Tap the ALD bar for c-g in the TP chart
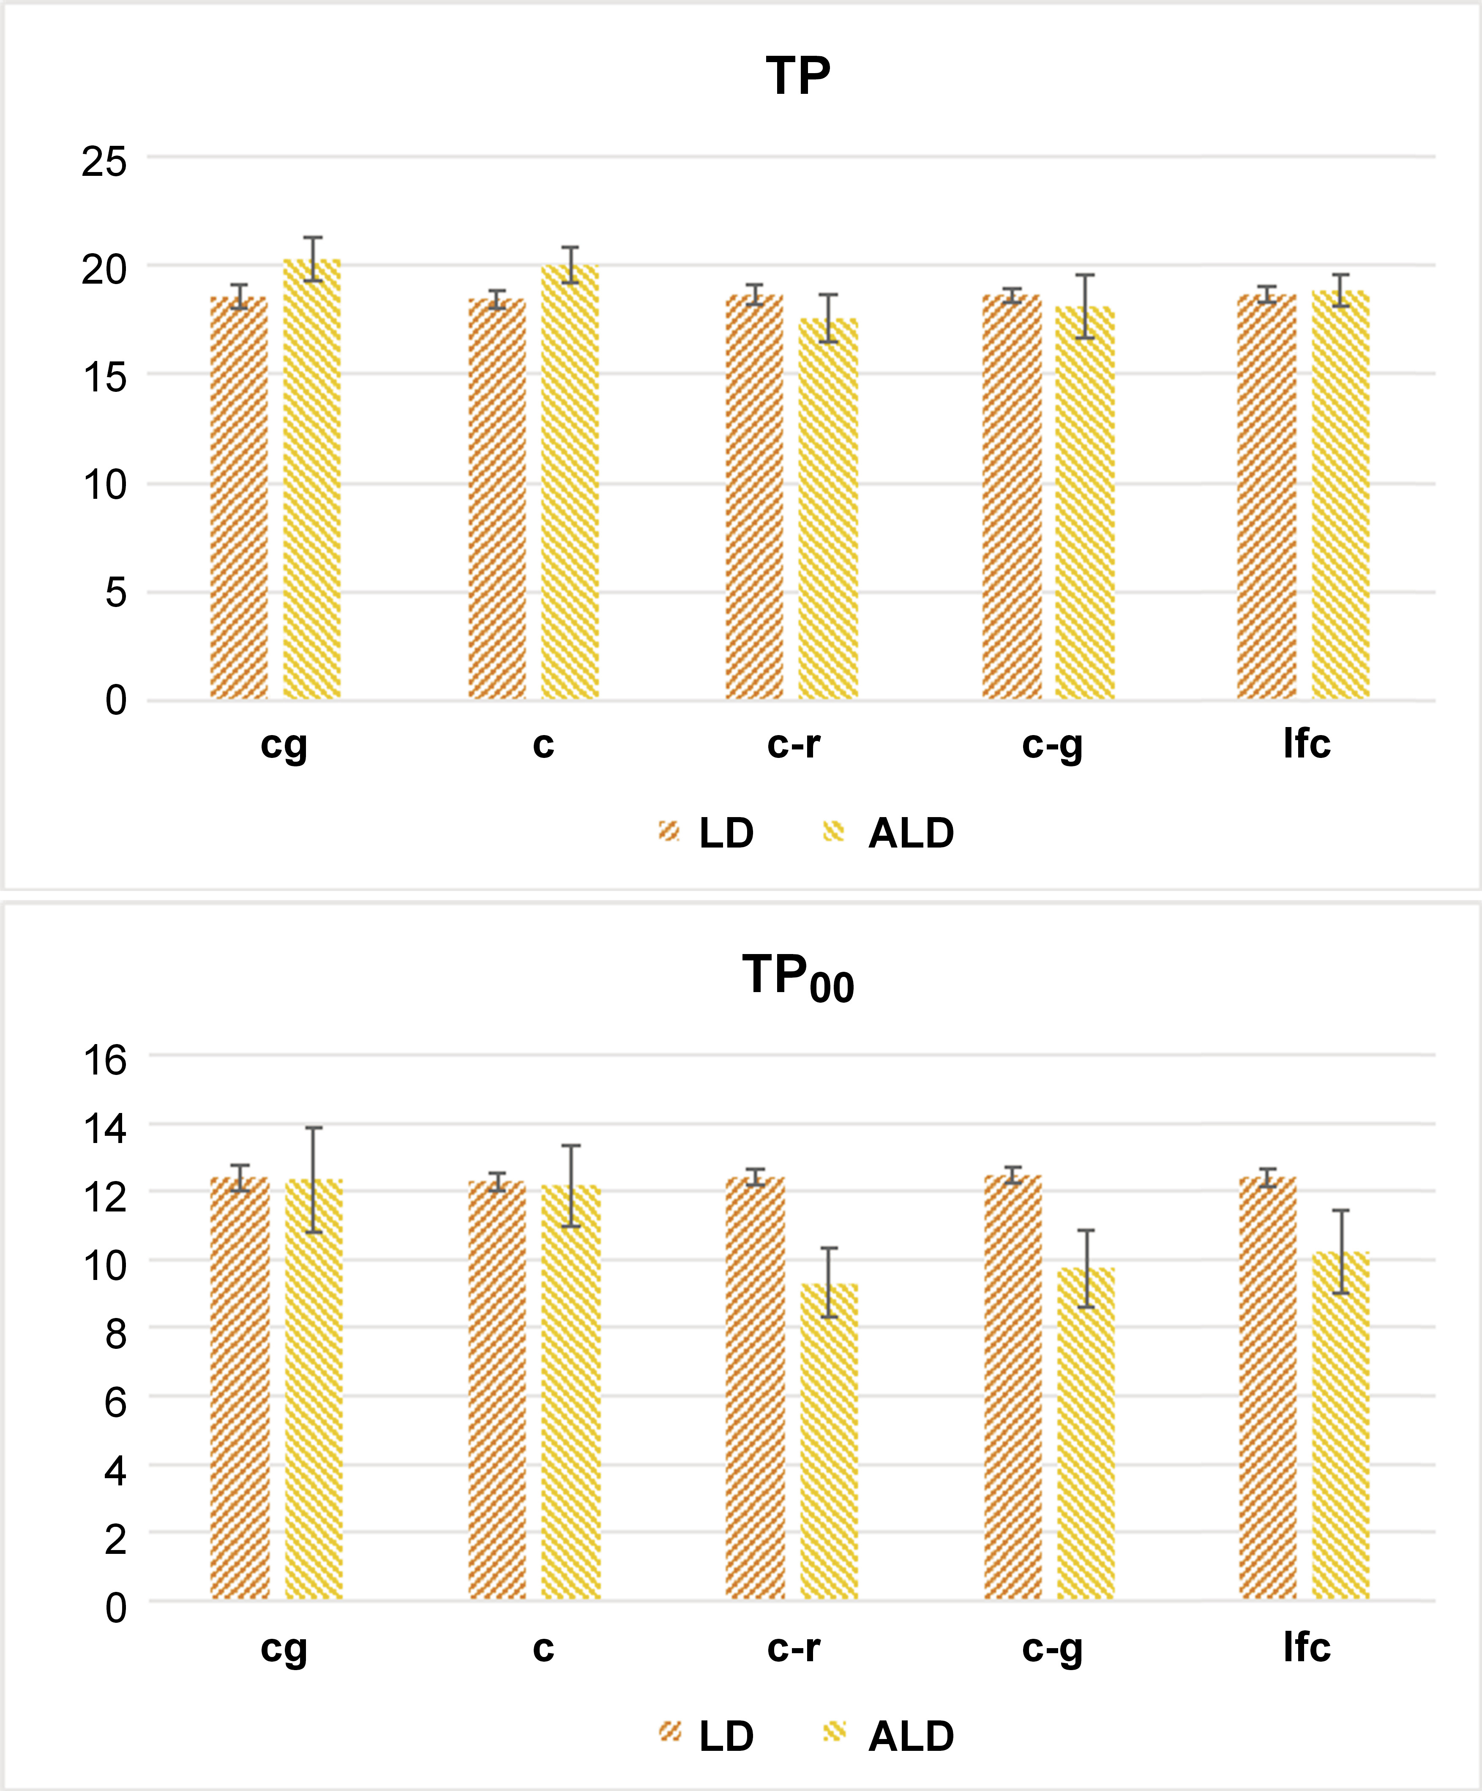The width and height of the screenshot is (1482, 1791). coord(1085,503)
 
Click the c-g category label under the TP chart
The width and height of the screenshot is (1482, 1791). coord(1052,744)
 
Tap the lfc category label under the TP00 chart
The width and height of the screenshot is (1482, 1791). coord(1306,1647)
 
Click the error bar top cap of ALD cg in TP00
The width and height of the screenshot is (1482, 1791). coord(314,1127)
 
